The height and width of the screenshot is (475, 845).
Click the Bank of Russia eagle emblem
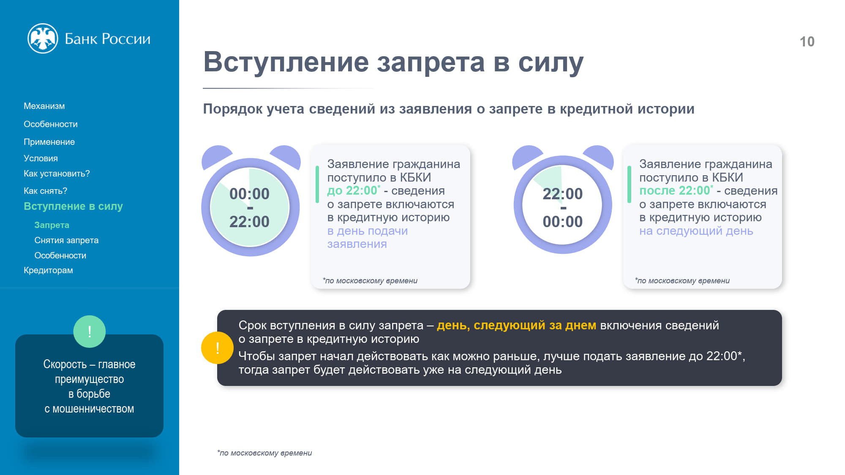point(43,38)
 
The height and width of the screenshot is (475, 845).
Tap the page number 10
point(807,41)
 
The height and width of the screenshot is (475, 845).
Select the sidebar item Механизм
point(44,106)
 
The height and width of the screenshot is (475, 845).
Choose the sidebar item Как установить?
point(57,174)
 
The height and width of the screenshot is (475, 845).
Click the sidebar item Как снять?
point(45,191)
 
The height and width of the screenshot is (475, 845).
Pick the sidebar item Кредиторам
point(48,270)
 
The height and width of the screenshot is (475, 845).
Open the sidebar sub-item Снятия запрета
point(66,240)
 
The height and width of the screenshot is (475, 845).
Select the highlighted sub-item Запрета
point(52,225)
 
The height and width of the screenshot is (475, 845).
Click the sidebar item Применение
point(49,142)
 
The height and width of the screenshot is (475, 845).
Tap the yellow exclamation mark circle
point(217,348)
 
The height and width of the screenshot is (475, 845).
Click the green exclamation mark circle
point(90,331)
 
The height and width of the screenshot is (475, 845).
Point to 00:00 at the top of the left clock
point(249,194)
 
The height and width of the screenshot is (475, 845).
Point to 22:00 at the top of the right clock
point(562,194)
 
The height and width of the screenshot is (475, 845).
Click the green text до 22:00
point(353,190)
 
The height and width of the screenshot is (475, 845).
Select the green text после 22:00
point(676,190)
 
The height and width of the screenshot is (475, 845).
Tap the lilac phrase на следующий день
point(696,231)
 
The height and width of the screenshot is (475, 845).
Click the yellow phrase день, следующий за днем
point(516,326)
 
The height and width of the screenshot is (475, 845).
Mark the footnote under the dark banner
point(264,453)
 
